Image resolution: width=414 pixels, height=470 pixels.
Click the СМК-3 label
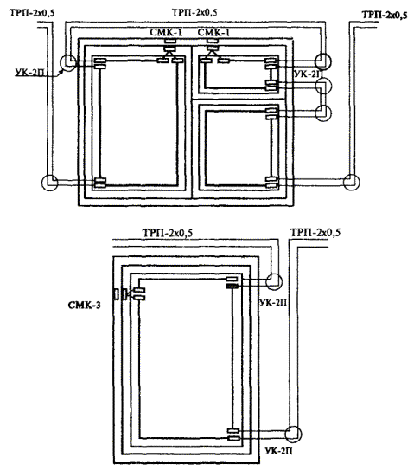point(84,306)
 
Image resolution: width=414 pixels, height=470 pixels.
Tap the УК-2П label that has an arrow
point(30,72)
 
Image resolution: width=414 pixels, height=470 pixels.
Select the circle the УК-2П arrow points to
point(68,63)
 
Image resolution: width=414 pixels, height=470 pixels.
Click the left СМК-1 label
point(166,32)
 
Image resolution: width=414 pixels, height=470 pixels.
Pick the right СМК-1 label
point(213,32)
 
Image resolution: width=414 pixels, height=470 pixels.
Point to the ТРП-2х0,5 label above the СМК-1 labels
point(194,13)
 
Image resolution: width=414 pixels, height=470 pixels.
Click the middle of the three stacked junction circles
point(323,87)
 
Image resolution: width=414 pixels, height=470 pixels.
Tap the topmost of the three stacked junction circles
point(323,61)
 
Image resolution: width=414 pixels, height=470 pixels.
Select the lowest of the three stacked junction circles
point(323,113)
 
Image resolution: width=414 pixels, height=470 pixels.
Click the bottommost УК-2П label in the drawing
point(278,450)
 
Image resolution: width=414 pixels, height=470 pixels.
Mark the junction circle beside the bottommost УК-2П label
point(293,434)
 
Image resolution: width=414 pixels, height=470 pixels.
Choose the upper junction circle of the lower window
point(274,281)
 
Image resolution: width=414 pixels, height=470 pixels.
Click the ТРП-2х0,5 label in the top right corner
point(385,15)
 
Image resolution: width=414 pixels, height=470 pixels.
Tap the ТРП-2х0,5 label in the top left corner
point(32,13)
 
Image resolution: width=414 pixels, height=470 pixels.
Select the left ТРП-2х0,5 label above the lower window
point(168,233)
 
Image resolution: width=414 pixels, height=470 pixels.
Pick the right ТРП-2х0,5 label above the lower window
point(315,233)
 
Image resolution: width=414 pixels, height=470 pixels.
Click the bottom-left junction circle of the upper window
point(49,183)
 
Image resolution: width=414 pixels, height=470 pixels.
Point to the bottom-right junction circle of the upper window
point(352,182)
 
